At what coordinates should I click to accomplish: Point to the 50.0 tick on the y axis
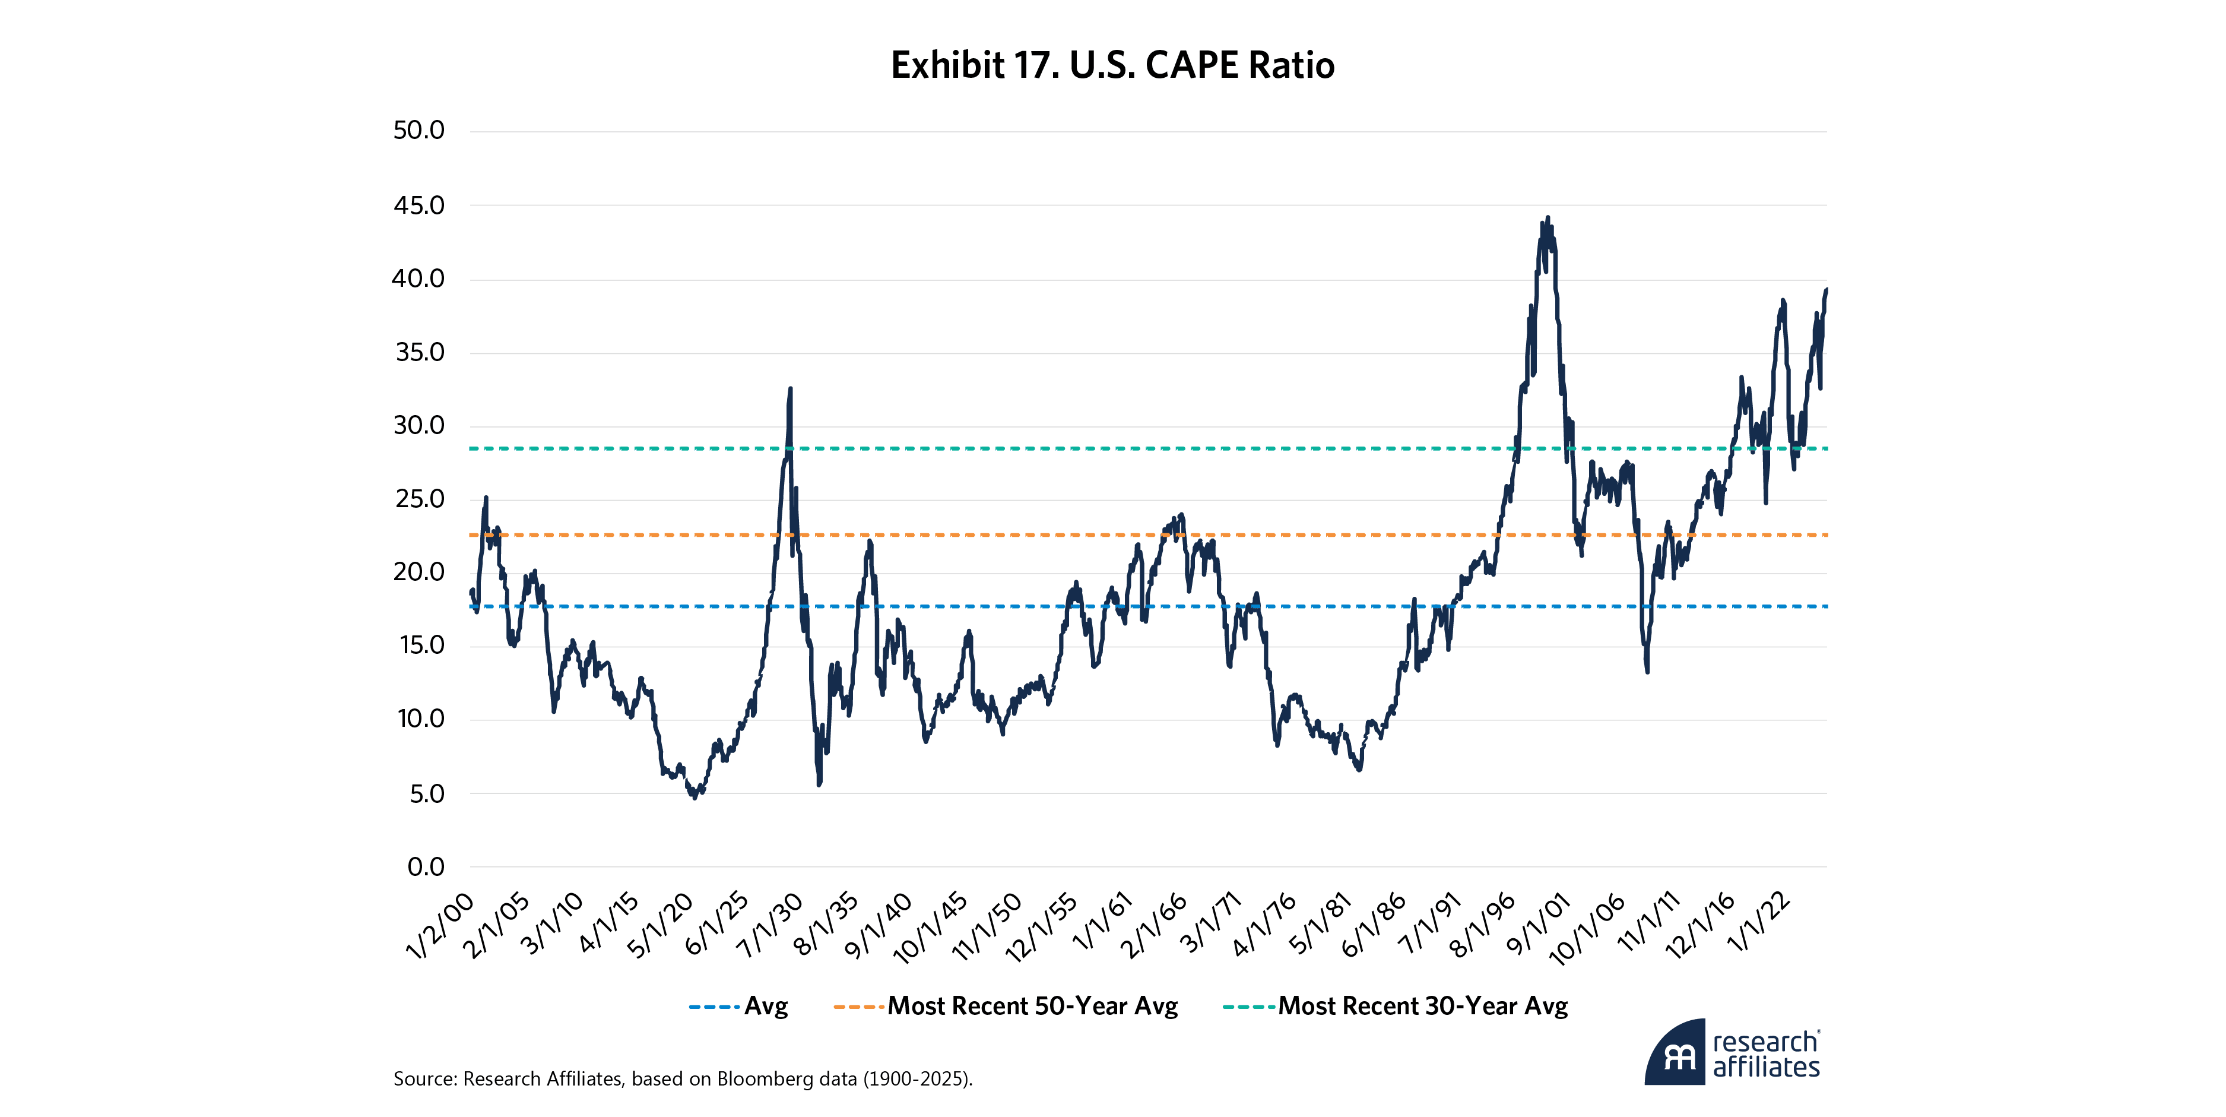[418, 131]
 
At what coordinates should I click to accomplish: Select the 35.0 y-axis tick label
[419, 353]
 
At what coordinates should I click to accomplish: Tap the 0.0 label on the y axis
[425, 867]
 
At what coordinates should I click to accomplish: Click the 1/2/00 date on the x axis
[440, 926]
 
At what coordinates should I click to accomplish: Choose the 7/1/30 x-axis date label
[771, 926]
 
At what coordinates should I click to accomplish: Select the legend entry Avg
[766, 1007]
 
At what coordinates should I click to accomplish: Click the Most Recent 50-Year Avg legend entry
[1033, 1007]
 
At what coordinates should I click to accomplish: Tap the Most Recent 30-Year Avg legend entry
[1422, 1007]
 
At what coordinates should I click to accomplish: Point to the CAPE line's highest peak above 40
[1547, 218]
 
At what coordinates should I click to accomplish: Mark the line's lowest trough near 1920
[695, 796]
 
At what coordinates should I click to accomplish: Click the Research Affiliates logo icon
[1675, 1053]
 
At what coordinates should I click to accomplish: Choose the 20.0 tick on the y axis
[418, 572]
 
